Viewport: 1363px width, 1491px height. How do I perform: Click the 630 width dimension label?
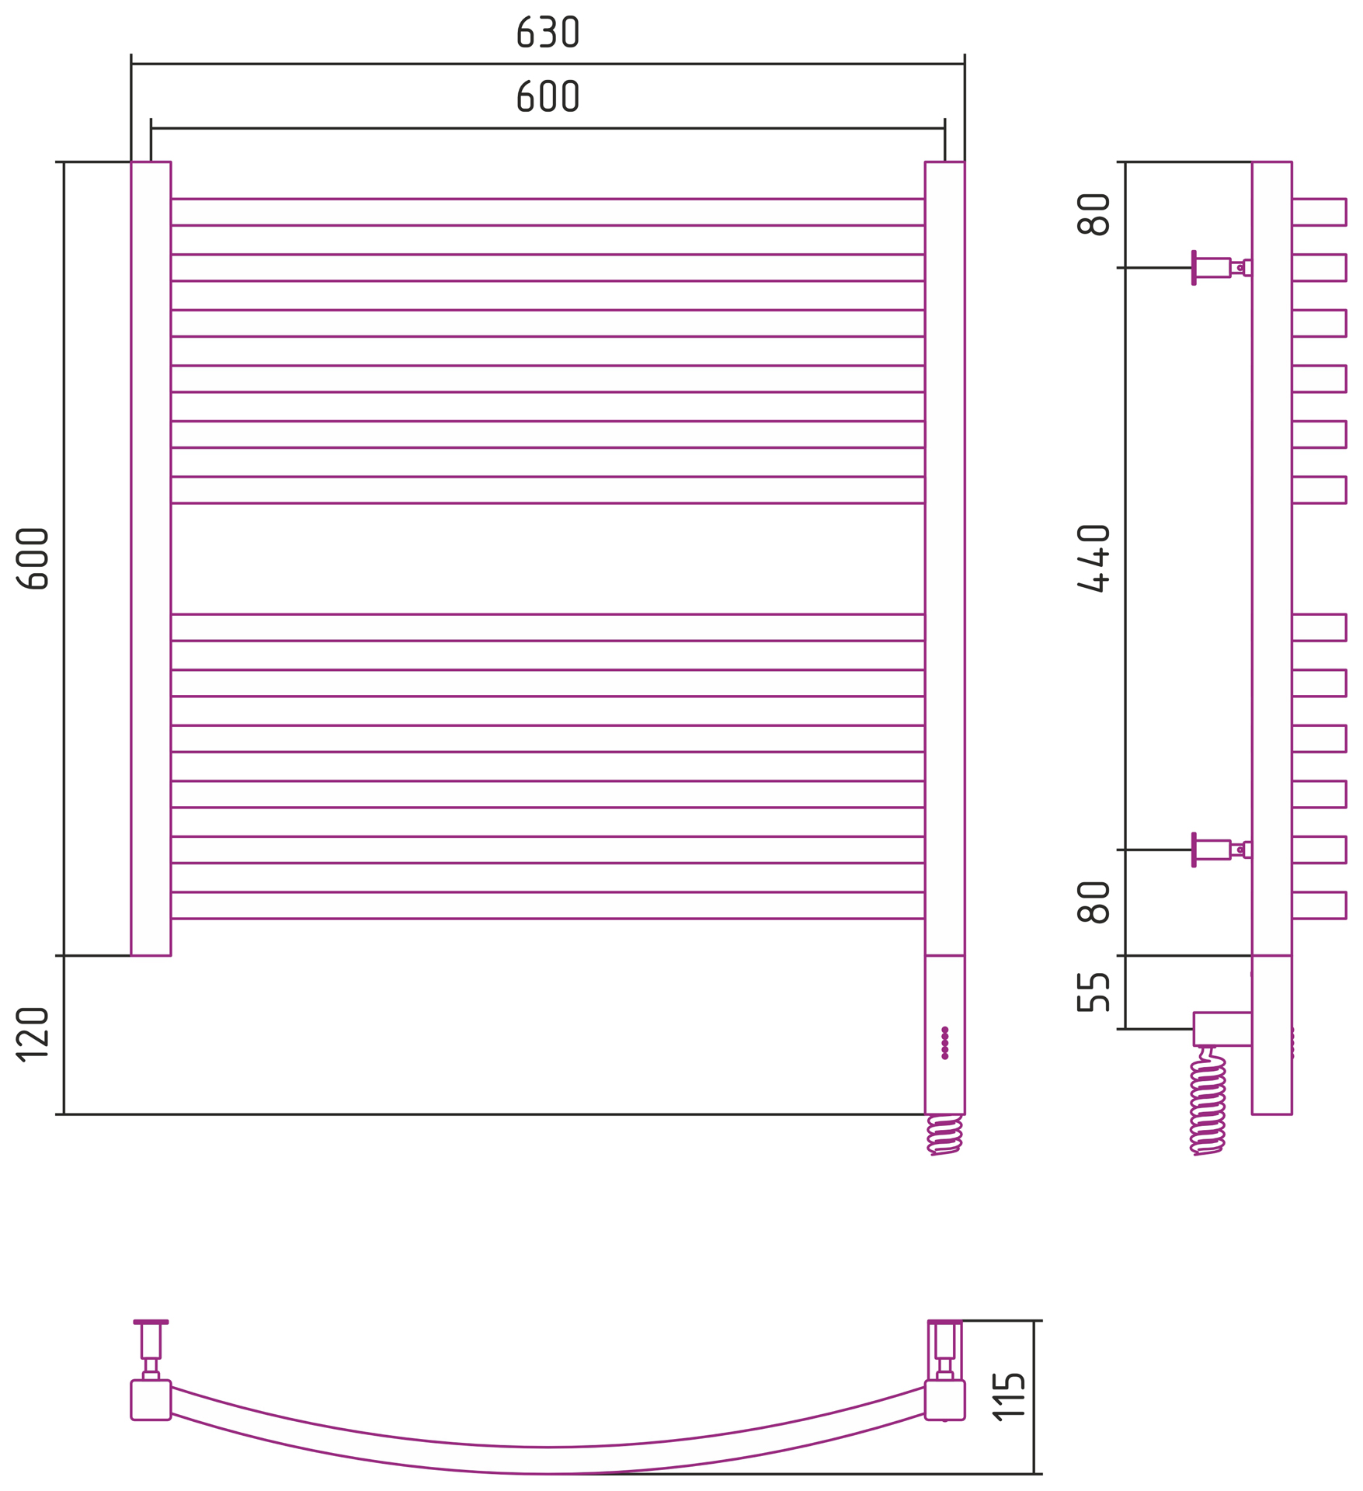548,32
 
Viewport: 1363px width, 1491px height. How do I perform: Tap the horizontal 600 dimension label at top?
548,96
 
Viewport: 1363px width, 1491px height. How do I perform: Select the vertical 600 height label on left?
33,559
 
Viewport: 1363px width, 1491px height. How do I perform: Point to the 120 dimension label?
33,1034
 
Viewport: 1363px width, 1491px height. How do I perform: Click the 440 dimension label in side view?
1094,558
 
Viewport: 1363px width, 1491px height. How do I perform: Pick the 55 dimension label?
1094,992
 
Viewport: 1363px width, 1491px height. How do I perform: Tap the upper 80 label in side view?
1094,214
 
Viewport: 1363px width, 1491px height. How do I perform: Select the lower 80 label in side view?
1094,902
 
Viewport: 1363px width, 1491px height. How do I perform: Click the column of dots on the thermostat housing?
945,1042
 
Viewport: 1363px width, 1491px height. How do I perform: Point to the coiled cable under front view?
945,1135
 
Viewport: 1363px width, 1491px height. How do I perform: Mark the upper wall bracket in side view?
1222,268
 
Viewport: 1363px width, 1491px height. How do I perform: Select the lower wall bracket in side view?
1222,850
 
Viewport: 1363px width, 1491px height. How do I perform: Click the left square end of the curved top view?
151,1400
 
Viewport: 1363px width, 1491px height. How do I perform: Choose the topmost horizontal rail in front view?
548,212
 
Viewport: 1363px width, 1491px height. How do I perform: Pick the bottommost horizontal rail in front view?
548,905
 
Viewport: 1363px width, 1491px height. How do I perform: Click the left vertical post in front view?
151,558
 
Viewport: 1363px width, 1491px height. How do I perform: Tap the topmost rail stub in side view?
1320,212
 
